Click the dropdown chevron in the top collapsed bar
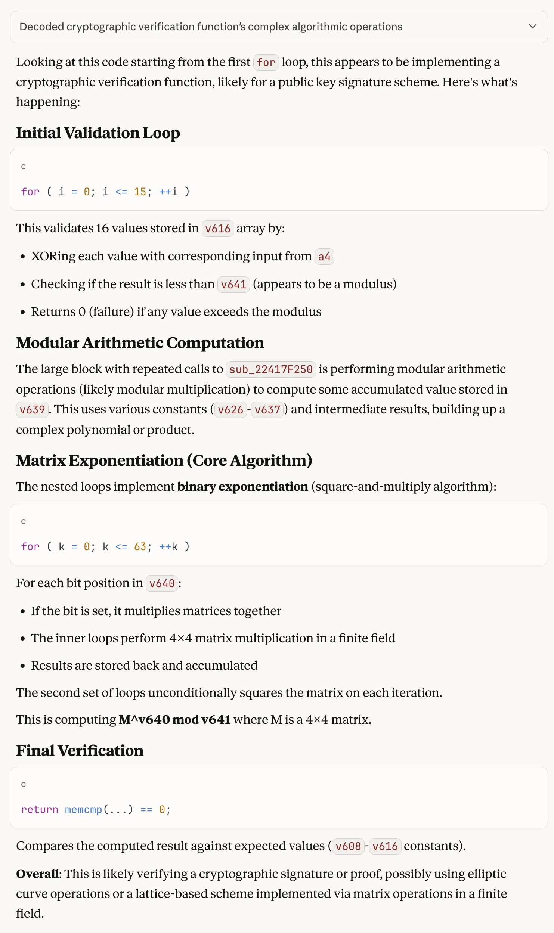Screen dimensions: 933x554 tap(533, 27)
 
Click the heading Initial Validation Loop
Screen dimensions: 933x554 tap(98, 133)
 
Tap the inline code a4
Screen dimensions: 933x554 tap(324, 257)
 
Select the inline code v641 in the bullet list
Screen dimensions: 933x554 tap(233, 285)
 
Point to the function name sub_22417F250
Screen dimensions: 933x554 tap(271, 369)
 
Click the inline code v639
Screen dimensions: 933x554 tap(32, 410)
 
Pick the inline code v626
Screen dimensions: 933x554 tap(230, 410)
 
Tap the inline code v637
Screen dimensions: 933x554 tap(267, 410)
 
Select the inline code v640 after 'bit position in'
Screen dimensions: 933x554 tap(162, 583)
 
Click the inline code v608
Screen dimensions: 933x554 tap(348, 846)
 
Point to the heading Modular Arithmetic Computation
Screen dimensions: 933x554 tap(140, 343)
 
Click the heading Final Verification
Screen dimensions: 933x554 tap(80, 751)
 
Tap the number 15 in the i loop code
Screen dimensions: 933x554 tap(140, 192)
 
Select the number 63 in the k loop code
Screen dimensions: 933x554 tap(140, 547)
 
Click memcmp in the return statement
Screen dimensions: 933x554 tap(83, 810)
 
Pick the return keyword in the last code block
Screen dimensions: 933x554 tap(40, 810)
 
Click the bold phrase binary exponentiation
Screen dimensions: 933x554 tap(242, 487)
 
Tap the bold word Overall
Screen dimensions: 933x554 tap(38, 874)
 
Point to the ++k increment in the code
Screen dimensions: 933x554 tap(168, 547)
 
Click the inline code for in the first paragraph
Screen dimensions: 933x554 tap(266, 62)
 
